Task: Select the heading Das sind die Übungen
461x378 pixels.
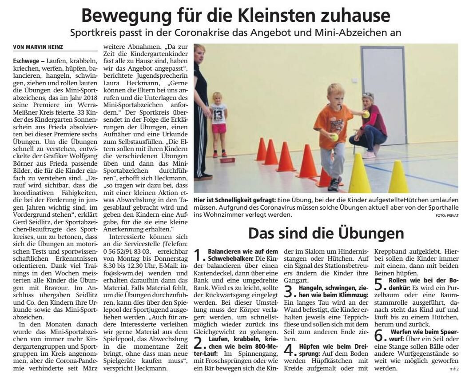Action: pos(326,233)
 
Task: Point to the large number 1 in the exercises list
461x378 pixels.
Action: pos(198,255)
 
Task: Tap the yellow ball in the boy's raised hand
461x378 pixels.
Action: pos(366,115)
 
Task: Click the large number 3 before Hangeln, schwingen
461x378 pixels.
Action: pos(289,292)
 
